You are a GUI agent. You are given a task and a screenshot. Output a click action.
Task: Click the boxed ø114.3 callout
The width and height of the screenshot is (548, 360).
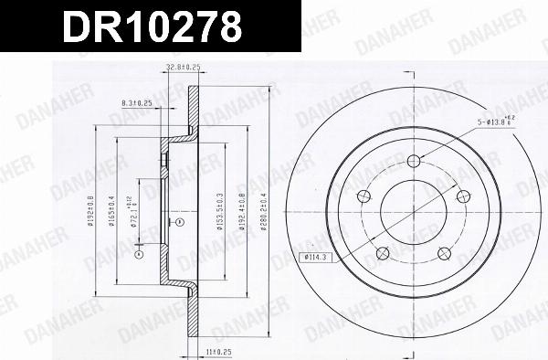[316, 257]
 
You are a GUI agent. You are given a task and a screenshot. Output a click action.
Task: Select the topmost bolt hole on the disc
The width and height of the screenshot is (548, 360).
[414, 162]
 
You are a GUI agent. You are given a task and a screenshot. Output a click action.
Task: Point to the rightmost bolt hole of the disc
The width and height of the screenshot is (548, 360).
[459, 193]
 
